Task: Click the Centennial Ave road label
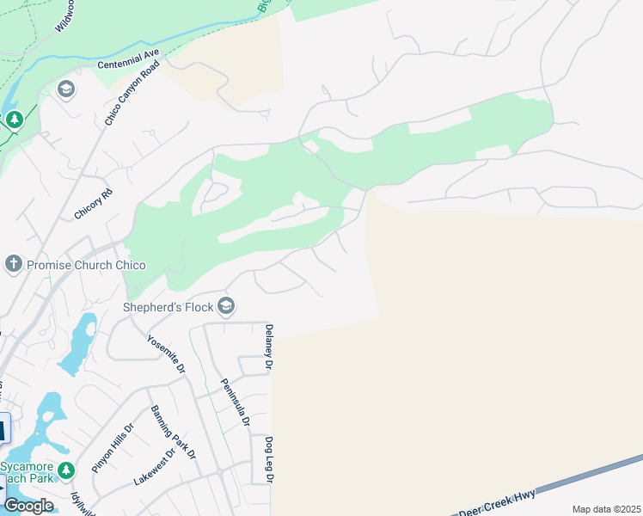pyautogui.click(x=129, y=58)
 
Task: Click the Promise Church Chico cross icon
pyautogui.click(x=13, y=264)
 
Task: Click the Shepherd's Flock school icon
pyautogui.click(x=226, y=306)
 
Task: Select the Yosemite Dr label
pyautogui.click(x=166, y=353)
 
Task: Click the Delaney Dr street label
pyautogui.click(x=268, y=347)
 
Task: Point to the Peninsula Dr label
pyautogui.click(x=235, y=402)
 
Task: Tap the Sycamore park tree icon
pyautogui.click(x=70, y=469)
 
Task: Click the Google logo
pyautogui.click(x=28, y=506)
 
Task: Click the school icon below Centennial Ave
pyautogui.click(x=66, y=89)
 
